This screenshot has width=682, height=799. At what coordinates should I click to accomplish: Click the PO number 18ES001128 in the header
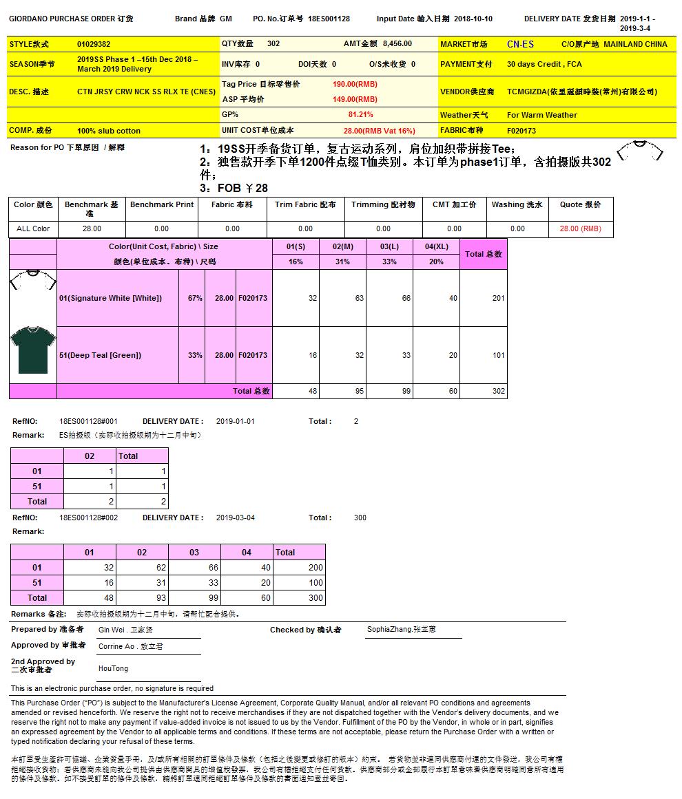click(x=329, y=19)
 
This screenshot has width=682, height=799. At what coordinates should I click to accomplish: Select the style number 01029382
click(x=94, y=44)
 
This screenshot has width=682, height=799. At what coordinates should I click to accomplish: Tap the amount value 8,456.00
click(x=397, y=44)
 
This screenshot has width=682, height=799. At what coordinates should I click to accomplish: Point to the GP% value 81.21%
click(x=361, y=115)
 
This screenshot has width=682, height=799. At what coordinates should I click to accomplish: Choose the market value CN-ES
click(x=520, y=44)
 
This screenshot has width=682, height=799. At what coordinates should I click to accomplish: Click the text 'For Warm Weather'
click(x=542, y=115)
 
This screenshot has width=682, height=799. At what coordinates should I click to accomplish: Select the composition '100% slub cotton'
click(x=109, y=131)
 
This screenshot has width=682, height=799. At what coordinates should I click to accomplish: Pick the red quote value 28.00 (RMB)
click(x=580, y=228)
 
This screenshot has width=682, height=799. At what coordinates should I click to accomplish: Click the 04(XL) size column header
click(x=436, y=246)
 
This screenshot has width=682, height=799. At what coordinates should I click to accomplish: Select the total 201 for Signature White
click(x=499, y=298)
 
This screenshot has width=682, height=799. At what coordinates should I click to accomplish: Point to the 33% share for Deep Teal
click(x=195, y=355)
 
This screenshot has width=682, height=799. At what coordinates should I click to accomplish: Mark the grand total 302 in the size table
click(x=499, y=391)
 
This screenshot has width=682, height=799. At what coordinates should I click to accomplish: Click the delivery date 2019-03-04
click(x=236, y=518)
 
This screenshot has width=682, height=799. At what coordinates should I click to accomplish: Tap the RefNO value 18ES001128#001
click(x=88, y=421)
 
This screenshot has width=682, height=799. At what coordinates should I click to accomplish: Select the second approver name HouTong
click(x=113, y=669)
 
